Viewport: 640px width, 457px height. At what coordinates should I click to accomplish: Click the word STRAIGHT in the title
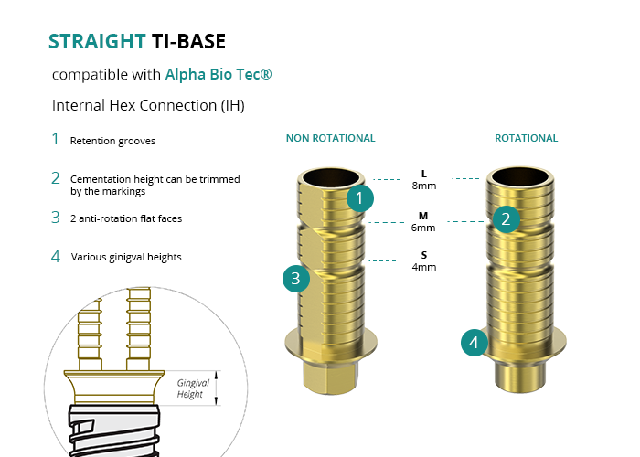coord(97,41)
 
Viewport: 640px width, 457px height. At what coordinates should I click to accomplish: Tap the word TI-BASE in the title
coord(188,41)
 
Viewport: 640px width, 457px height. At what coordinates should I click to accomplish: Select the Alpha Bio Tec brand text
coord(219,74)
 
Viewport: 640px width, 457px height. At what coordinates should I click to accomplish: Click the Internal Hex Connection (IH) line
coord(148,105)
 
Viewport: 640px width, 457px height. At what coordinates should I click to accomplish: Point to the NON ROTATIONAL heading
coord(330,138)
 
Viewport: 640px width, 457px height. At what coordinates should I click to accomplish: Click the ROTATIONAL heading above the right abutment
coord(526,138)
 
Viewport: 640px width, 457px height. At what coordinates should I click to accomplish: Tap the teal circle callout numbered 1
coord(359,198)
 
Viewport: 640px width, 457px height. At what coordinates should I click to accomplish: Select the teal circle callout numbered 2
coord(507,219)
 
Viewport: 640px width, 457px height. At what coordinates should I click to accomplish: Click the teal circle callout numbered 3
coord(296,279)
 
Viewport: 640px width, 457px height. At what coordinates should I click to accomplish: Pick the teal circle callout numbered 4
coord(475,343)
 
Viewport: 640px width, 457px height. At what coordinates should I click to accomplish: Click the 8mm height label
coord(424,186)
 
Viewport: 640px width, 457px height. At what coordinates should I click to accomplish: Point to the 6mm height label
coord(423,228)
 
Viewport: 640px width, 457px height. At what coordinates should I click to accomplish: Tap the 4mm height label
coord(424,267)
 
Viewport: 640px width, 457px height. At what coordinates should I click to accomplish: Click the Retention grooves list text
coord(112,141)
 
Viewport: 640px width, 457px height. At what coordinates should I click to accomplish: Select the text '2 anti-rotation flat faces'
coord(126,218)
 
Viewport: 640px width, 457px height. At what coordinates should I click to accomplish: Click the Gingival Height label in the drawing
coord(193,388)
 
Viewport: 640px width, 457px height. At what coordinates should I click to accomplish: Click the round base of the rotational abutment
coord(520,377)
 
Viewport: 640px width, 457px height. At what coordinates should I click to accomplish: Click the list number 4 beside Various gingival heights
coord(56,257)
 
